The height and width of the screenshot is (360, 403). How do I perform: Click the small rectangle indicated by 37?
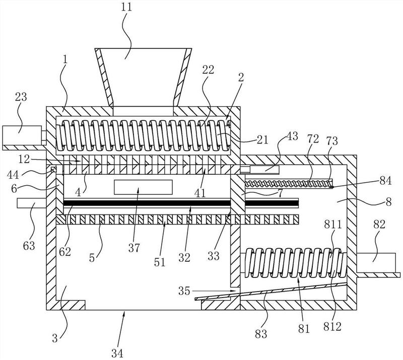point(144,187)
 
